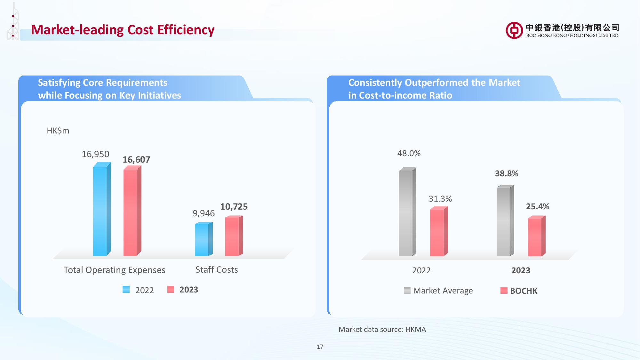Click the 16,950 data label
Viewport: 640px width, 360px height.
click(x=95, y=154)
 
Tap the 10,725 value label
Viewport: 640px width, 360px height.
click(x=234, y=207)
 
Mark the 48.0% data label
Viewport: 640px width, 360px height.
click(x=409, y=154)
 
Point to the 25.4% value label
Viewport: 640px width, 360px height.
click(x=538, y=207)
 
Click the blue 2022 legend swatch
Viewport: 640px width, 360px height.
click(x=126, y=290)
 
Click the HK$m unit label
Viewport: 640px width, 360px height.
click(x=58, y=131)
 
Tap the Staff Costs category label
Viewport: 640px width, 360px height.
click(x=217, y=270)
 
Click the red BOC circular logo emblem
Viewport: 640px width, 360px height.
click(x=514, y=30)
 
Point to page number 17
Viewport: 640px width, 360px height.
click(x=320, y=347)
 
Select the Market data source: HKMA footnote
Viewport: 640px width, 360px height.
click(x=382, y=329)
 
